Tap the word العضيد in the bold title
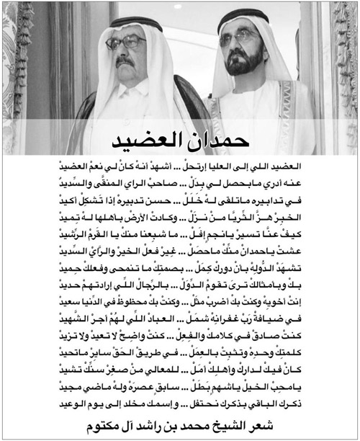[154, 138]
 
